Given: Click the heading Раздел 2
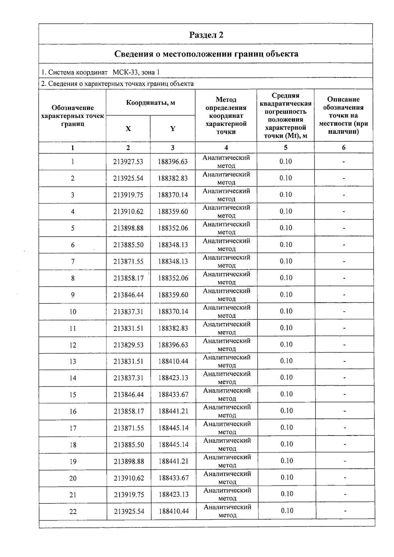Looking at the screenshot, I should (x=206, y=35).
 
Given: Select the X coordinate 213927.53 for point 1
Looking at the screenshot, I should (x=128, y=161).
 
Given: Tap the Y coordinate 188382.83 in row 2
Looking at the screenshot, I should (x=173, y=178).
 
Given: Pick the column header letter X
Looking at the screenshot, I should (x=128, y=129).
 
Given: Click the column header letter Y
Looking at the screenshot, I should (x=173, y=129).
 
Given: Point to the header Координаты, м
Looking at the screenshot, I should (x=150, y=103).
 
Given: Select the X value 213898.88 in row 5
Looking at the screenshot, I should (x=128, y=228).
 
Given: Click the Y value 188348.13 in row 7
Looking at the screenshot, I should (x=173, y=262).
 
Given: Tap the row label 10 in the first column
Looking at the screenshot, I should (x=73, y=312).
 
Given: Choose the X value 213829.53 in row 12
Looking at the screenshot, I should (x=129, y=345).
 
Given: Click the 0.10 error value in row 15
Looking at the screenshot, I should (x=286, y=394).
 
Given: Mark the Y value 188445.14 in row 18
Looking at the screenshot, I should (x=173, y=445).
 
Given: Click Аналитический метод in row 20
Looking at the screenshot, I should (x=227, y=478).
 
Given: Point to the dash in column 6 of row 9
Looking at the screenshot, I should (x=344, y=295).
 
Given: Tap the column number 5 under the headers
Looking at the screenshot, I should (x=286, y=148).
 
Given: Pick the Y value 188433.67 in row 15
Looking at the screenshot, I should (x=173, y=395).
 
